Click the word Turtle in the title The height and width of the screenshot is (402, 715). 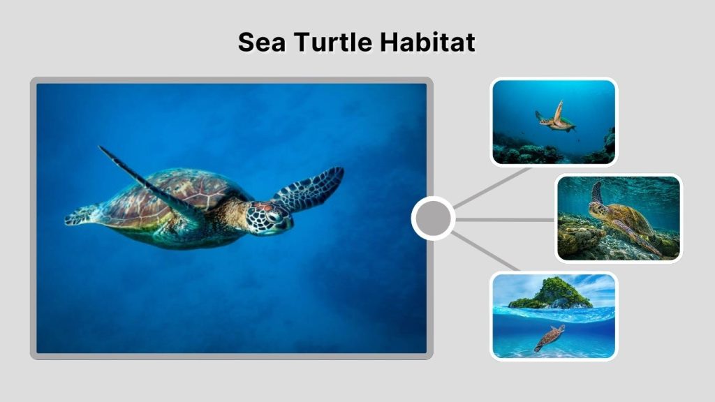click(333, 43)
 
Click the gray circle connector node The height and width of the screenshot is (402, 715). click(433, 218)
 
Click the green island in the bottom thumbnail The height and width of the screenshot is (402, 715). click(552, 294)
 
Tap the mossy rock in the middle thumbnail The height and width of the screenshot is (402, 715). click(580, 237)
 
